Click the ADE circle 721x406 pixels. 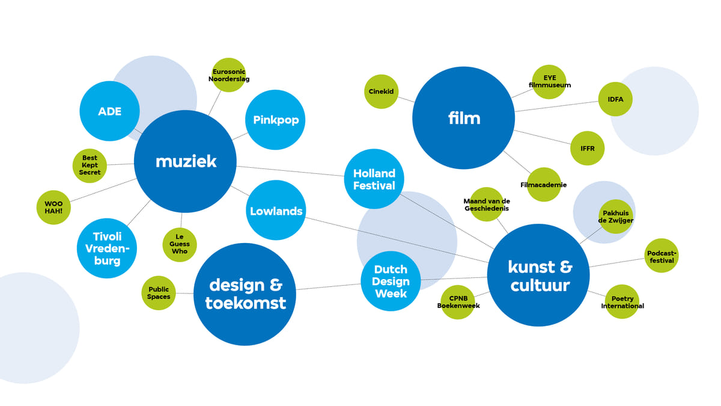pos(109,111)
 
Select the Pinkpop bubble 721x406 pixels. pos(276,120)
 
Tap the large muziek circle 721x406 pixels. pos(185,161)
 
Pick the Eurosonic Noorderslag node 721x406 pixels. pos(229,75)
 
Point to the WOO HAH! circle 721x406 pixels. pos(53,208)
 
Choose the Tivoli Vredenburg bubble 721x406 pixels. pos(107,248)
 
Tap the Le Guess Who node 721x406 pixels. pos(180,244)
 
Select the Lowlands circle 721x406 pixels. pos(276,211)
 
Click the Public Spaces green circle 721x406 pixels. pos(159,293)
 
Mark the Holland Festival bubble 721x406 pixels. pos(374,179)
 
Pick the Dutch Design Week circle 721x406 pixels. pos(391,281)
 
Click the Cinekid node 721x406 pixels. pos(381,91)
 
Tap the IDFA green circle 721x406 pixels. pos(615,99)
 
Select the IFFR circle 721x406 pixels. pos(587,148)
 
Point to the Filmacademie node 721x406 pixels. pos(544,184)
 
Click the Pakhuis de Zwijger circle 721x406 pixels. pos(616,217)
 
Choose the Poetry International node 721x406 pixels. pos(622,302)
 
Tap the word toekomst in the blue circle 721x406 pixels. pos(245,303)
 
